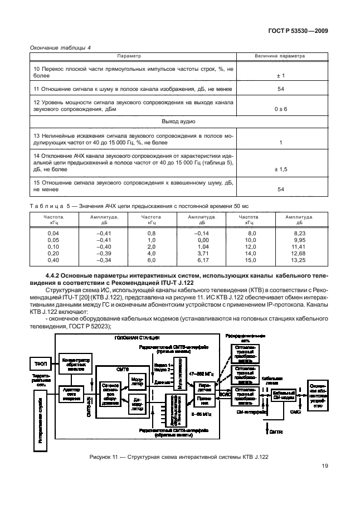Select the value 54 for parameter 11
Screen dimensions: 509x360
tap(281, 89)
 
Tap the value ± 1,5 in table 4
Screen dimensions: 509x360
tap(281, 169)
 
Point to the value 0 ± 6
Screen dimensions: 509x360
tap(281, 109)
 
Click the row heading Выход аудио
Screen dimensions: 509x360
tap(178, 122)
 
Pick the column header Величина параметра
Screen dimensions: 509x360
tap(281, 56)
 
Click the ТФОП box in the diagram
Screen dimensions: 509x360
tap(39, 363)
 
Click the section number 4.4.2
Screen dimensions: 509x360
tap(58, 275)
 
